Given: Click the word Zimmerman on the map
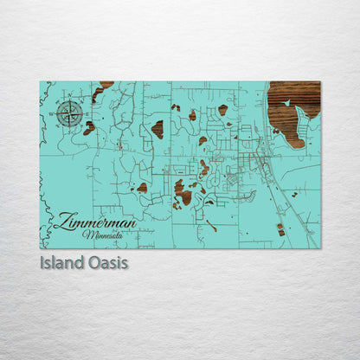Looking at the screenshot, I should tap(99, 223).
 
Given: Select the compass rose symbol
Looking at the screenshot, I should tap(71, 112).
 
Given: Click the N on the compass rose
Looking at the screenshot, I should tap(71, 102).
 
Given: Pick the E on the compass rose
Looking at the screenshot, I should tap(83, 112).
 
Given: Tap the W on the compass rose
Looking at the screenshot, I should tap(59, 112).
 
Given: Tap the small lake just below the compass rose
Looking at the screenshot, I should tap(89, 128).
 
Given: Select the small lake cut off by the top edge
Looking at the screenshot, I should tap(106, 85).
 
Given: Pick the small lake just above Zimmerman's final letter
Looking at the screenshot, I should tap(142, 187).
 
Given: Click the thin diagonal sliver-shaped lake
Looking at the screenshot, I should tap(210, 226).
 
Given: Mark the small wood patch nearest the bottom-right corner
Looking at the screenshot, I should tap(280, 229).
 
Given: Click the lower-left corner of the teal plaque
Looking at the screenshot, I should tap(41, 247).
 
